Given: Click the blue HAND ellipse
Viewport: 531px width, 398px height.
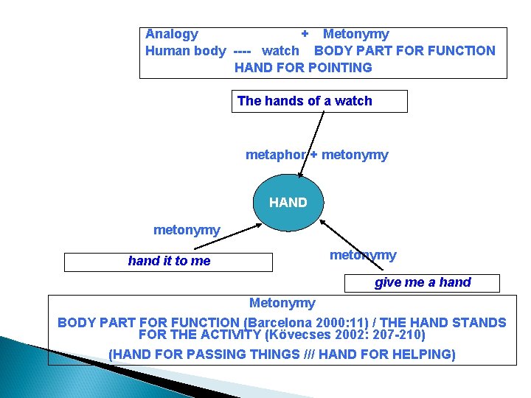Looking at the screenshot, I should [288, 202].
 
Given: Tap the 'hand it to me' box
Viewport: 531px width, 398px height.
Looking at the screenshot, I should [169, 262].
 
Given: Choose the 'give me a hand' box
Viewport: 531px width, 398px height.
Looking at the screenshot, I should [423, 283].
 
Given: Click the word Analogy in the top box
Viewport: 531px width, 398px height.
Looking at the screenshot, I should [172, 34].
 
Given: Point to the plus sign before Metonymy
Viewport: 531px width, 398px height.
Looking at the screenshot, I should [305, 34].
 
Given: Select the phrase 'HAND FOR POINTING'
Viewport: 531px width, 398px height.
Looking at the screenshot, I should [303, 68].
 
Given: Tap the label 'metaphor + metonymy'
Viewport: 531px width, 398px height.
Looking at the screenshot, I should [316, 155].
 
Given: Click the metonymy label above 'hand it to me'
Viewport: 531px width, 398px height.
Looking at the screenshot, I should [187, 231].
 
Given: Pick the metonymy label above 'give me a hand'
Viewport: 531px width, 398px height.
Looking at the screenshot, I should [363, 255].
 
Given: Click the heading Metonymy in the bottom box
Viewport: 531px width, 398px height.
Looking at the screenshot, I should [282, 303].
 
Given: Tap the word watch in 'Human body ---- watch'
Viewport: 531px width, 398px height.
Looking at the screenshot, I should [281, 51].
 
